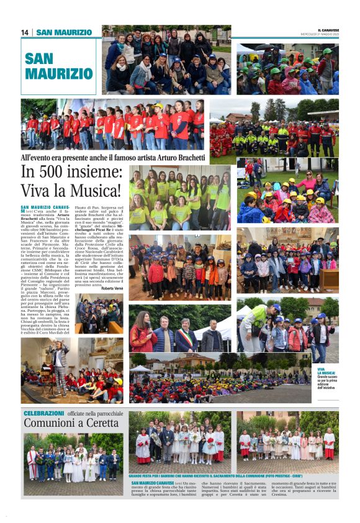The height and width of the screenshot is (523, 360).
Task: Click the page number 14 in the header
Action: point(25,32)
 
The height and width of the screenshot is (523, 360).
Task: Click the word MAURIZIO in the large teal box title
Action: point(59,73)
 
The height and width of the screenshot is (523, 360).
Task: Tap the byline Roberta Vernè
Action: point(112,288)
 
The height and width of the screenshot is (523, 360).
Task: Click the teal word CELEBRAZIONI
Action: point(44,412)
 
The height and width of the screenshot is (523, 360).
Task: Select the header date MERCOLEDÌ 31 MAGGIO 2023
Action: point(328,34)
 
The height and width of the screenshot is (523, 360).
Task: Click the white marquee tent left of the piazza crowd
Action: point(140,369)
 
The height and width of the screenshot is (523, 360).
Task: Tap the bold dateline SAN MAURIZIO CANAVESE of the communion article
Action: point(153,483)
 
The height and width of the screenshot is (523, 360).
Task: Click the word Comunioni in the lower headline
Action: point(49,423)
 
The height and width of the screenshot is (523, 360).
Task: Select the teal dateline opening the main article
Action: point(45,207)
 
